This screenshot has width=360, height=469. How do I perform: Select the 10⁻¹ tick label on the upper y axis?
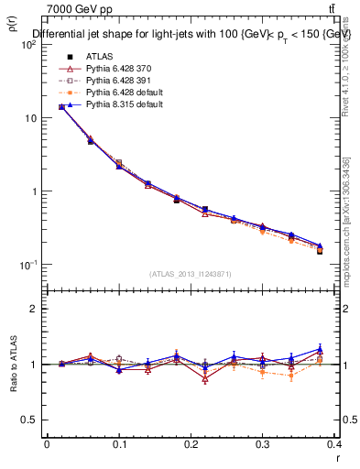[x=27, y=265]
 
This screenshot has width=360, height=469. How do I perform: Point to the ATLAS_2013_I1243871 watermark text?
[x=190, y=275]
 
